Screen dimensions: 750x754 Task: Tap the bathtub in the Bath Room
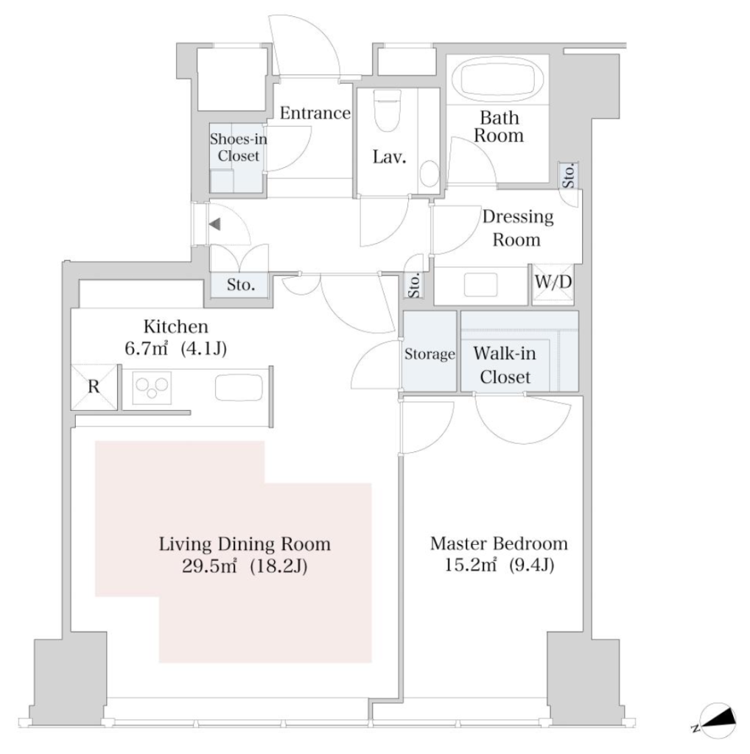tap(502, 81)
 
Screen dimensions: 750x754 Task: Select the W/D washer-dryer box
tap(553, 284)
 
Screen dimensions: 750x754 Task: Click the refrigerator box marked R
tap(94, 387)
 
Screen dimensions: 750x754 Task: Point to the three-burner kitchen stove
tap(152, 387)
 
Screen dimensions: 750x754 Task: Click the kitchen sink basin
tap(239, 387)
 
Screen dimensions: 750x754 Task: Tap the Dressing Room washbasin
tap(480, 285)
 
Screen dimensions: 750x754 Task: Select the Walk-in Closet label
tap(505, 365)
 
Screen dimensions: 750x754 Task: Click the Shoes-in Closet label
tap(238, 147)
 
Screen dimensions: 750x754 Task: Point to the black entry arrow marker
tap(214, 224)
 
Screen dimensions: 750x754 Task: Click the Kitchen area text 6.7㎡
tap(147, 348)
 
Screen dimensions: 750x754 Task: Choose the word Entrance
tap(315, 113)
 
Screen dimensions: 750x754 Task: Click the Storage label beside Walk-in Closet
tap(430, 354)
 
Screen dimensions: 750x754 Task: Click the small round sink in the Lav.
tap(429, 172)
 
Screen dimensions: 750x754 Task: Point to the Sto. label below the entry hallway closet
tap(240, 285)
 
